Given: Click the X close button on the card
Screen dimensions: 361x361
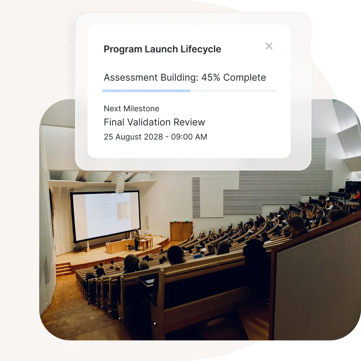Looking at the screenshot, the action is pos(269,46).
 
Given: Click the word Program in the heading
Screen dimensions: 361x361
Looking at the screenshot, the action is pos(123,49).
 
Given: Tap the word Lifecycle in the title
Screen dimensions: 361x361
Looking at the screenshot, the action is pos(201,49).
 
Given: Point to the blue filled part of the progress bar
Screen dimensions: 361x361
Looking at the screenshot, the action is pos(146,91).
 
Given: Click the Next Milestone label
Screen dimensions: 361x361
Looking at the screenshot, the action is pos(131,108).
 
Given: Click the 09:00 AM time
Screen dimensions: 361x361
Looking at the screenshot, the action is pos(189,137).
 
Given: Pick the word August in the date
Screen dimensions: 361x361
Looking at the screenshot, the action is pos(128,137).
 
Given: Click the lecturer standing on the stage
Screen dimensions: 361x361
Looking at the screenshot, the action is pos(137,240).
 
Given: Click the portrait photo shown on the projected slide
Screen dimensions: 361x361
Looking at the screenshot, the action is pos(123,211).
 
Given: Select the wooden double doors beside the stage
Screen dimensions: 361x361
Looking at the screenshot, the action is pos(181,231).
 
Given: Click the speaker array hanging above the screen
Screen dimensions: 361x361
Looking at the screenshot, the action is pos(120,183).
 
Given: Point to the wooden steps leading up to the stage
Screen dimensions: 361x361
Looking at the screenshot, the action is pos(63,269).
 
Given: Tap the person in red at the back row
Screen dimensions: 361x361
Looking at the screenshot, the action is pos(357,195).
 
